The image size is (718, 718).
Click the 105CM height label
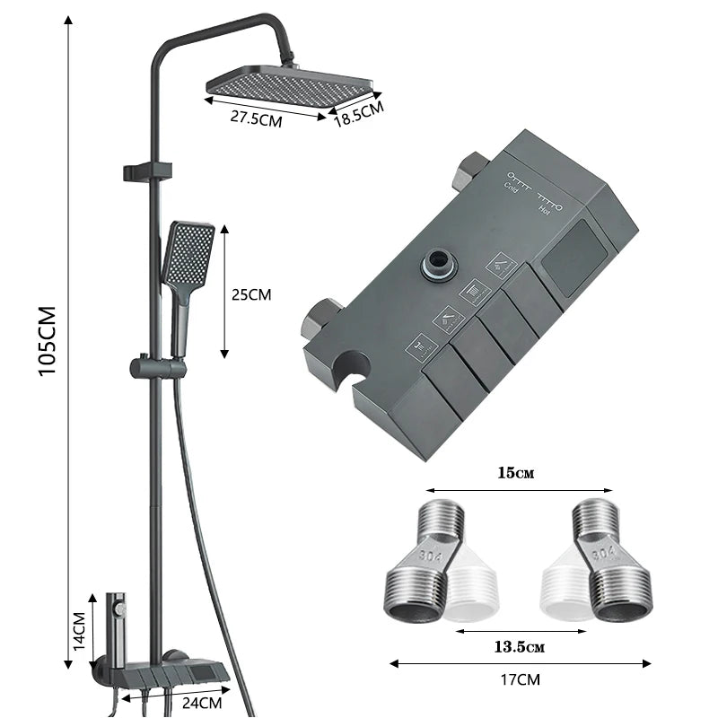click(x=48, y=342)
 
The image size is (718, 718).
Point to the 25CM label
click(x=250, y=294)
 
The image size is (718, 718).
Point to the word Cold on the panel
click(x=511, y=187)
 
